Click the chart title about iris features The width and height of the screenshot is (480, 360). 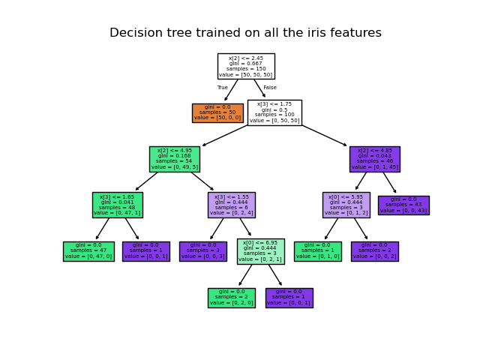245,33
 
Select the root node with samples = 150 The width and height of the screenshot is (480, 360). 245,66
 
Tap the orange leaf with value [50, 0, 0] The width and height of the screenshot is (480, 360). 217,112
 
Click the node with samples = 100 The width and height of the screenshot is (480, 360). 274,112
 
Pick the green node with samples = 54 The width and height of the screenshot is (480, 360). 174,159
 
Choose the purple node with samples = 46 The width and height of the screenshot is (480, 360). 374,159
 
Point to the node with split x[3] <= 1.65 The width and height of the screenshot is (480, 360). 117,205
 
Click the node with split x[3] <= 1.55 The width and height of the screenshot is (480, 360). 231,205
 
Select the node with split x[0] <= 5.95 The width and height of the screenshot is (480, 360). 346,205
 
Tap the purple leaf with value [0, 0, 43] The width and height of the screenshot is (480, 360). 403,205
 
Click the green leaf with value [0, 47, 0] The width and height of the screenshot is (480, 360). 88,251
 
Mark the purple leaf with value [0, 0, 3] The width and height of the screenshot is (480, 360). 202,251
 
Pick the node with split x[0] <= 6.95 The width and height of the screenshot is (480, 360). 260,251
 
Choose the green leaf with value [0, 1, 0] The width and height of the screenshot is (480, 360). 317,251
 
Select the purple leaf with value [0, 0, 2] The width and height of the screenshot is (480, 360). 374,251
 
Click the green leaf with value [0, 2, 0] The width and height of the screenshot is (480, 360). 231,298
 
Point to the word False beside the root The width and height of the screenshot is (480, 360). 270,88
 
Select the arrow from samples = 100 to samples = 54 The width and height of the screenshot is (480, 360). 225,136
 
